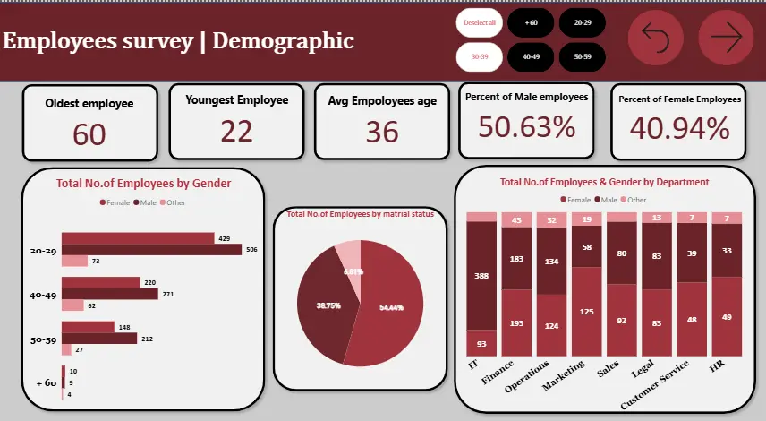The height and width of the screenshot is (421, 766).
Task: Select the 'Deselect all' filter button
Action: pos(479,21)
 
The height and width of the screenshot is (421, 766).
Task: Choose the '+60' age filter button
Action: pos(531,21)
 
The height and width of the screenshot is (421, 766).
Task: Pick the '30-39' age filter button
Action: pos(479,56)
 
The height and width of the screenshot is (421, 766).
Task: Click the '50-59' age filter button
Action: pos(583,56)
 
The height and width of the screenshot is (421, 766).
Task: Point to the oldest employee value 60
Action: pos(89,134)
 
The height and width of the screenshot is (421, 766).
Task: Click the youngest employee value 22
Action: pos(236,132)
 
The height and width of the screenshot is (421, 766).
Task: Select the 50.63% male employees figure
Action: pos(526,128)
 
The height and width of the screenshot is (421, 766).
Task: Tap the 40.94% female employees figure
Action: pos(679,129)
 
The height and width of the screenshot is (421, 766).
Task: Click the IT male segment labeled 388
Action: pos(481,275)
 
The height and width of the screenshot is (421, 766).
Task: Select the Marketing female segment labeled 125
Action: pos(586,311)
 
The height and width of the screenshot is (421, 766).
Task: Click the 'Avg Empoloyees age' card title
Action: pos(382,101)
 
